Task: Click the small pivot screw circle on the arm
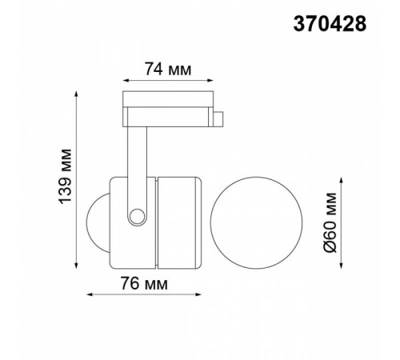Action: click(x=138, y=215)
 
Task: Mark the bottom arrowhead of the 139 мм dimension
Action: click(x=76, y=267)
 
